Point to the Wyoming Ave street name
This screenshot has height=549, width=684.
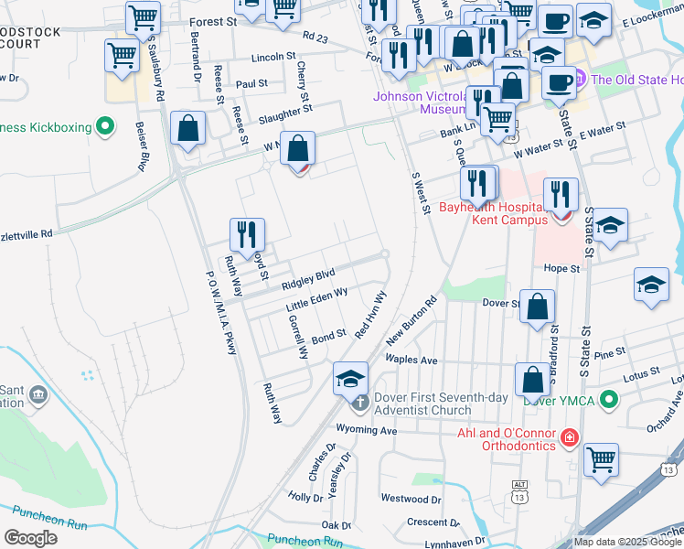[x=367, y=430]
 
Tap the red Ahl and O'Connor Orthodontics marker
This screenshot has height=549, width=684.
[x=570, y=438]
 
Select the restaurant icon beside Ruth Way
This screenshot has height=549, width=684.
[x=246, y=236]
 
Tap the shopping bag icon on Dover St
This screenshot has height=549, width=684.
[x=538, y=307]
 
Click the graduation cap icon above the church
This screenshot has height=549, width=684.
[x=350, y=379]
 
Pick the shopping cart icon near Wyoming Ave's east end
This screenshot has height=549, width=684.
[x=600, y=460]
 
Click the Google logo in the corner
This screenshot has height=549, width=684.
[x=31, y=538]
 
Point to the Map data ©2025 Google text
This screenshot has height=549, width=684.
[x=627, y=542]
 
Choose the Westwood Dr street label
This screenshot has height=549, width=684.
[x=411, y=500]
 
